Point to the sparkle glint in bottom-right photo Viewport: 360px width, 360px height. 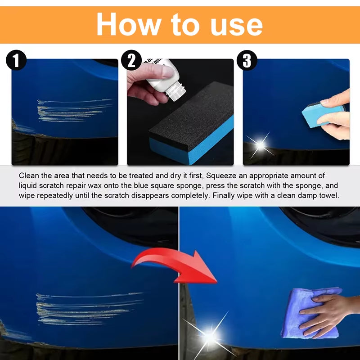(210, 335)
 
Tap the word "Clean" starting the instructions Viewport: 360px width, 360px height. (29, 175)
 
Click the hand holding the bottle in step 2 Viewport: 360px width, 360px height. (146, 81)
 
